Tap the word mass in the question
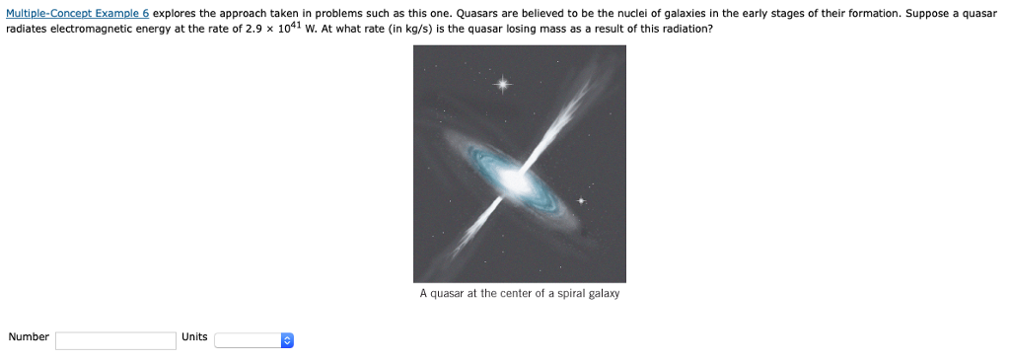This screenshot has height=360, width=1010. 545,29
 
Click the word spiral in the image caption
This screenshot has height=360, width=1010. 565,294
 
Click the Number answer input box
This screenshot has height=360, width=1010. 115,340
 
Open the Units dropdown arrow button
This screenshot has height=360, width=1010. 286,340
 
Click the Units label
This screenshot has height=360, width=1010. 194,337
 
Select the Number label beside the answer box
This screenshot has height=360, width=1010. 29,337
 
